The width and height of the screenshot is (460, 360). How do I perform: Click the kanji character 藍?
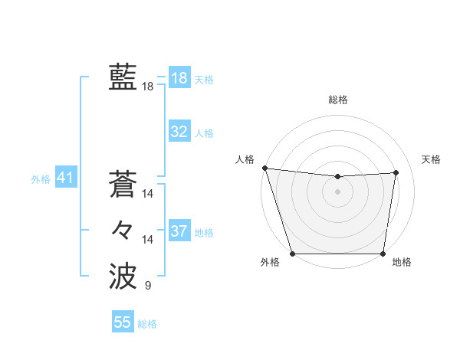coord(123,77)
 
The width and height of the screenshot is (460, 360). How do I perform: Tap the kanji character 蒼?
coord(123,185)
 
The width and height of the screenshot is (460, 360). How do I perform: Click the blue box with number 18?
coord(179,77)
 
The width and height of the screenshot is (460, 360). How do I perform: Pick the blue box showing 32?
coord(179,132)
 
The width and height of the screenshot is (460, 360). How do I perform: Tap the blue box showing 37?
coord(179,231)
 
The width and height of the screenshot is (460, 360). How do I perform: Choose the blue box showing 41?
coord(65,178)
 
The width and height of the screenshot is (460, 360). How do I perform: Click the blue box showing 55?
coord(123,322)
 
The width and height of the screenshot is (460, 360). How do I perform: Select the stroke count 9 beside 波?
coord(148,286)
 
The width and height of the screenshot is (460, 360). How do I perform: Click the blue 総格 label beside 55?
coord(147,324)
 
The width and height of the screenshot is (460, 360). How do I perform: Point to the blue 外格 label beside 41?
coord(41,179)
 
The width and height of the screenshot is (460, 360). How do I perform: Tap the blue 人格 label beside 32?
coord(204,133)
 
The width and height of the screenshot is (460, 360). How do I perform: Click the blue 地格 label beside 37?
coord(204,232)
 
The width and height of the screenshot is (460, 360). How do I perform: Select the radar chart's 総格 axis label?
coord(337,100)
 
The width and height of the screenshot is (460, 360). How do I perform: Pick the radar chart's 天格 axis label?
coord(431,159)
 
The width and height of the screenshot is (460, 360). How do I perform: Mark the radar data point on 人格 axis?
coord(264,168)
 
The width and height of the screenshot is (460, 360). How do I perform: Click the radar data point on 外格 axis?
coord(292,254)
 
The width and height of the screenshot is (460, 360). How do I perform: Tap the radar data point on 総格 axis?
coord(337,177)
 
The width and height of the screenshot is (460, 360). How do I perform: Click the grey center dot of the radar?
coord(337,191)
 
